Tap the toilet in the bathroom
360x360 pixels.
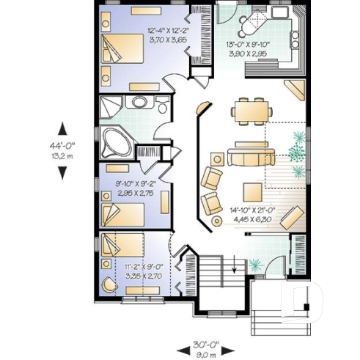coord(162,106)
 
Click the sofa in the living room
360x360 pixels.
coord(250,155)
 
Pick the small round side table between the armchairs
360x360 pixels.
coord(217,220)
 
